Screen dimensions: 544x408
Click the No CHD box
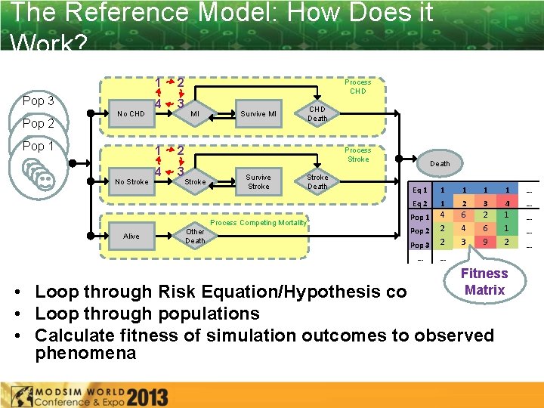click(131, 114)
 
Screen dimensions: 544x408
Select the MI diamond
click(194, 114)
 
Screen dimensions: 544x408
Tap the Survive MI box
click(258, 114)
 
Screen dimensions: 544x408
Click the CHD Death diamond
click(317, 114)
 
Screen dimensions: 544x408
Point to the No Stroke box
click(131, 181)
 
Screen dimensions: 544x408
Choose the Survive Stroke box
click(258, 181)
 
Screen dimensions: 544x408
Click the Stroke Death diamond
click(317, 181)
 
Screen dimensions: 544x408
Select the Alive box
click(131, 236)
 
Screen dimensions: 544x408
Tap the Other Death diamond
click(195, 236)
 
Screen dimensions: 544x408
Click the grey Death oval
click(439, 163)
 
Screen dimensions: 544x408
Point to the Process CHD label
click(357, 86)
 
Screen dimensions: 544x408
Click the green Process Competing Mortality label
click(258, 223)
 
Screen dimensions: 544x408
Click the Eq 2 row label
click(420, 204)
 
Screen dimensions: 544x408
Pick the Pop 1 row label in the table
click(419, 218)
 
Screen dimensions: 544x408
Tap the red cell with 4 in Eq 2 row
click(508, 203)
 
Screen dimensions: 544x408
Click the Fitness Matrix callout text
click(484, 282)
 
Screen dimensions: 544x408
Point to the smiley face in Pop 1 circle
click(45, 180)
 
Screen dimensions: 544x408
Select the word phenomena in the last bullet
click(85, 353)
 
